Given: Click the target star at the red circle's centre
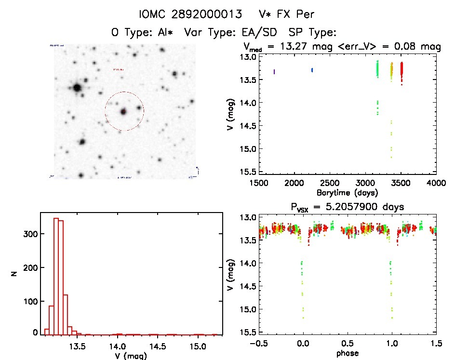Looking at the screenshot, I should pos(123,111).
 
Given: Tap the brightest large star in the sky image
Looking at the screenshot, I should pos(77,88).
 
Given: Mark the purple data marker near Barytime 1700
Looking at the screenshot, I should pos(274,72).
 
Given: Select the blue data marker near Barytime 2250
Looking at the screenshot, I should pos(312,70).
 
